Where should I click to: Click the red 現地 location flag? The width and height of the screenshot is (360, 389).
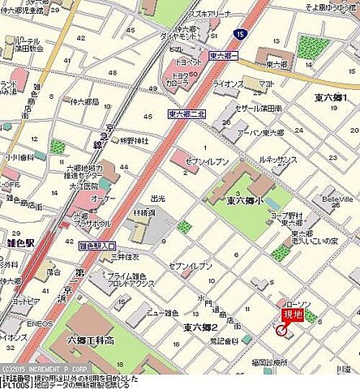coord(292,315)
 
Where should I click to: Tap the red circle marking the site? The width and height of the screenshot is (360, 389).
coord(282,330)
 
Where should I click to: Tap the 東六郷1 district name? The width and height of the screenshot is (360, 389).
coord(331,98)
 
